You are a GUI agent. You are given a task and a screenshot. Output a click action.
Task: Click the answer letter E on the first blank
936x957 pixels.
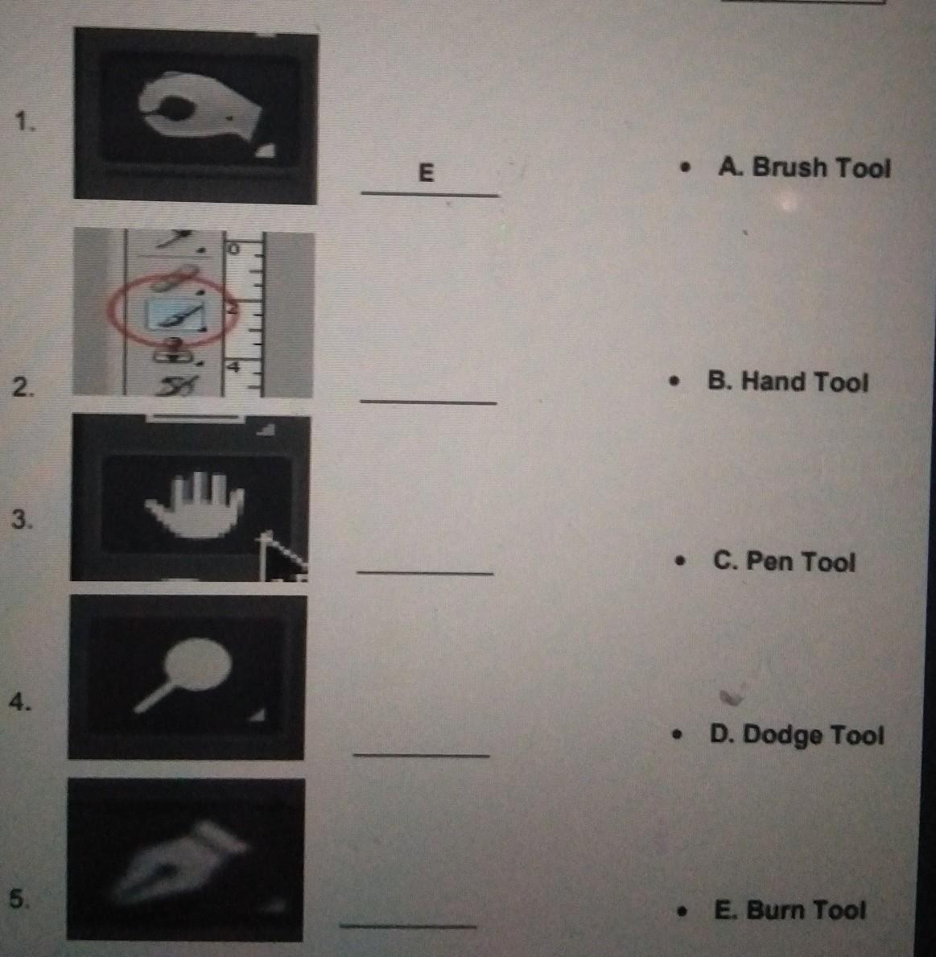pyautogui.click(x=426, y=173)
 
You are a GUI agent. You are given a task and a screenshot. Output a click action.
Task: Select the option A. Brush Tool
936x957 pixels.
pyautogui.click(x=804, y=167)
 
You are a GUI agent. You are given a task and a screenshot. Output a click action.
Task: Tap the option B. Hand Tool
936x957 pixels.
pyautogui.click(x=787, y=382)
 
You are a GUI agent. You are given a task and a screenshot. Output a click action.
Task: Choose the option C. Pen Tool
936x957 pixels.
pyautogui.click(x=784, y=562)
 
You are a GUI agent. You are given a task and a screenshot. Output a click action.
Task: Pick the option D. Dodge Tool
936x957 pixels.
pyautogui.click(x=796, y=735)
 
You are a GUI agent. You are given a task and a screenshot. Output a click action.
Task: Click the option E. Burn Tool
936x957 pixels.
pyautogui.click(x=790, y=910)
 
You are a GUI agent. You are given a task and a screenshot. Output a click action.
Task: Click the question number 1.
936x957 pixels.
pyautogui.click(x=25, y=122)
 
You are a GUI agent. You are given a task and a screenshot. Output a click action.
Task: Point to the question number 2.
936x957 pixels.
pyautogui.click(x=23, y=387)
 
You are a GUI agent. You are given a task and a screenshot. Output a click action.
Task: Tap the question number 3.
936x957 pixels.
pyautogui.click(x=21, y=519)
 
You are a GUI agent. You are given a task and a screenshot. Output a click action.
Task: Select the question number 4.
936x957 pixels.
pyautogui.click(x=19, y=702)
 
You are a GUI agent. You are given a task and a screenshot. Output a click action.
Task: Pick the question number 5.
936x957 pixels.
pyautogui.click(x=18, y=898)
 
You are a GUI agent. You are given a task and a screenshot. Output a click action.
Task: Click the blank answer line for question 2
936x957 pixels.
pyautogui.click(x=428, y=402)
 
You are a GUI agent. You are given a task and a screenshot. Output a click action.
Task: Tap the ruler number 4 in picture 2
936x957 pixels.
pyautogui.click(x=233, y=366)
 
